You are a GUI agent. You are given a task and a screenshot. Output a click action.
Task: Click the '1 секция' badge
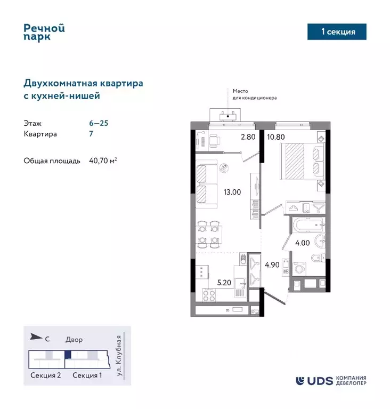[x=338, y=32]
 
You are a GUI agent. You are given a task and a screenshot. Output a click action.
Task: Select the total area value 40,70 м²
[x=103, y=161]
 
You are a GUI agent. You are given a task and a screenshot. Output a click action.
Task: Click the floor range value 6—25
[x=99, y=123]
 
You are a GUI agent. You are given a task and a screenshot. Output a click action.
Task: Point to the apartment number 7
[x=91, y=134]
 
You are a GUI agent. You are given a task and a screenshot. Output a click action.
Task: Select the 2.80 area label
[x=248, y=137]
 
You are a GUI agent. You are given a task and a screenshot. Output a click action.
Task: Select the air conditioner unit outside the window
[x=229, y=114]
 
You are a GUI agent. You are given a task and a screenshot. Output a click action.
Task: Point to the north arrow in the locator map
[x=36, y=336]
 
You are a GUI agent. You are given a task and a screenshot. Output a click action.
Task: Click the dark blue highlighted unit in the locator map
[x=68, y=354]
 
